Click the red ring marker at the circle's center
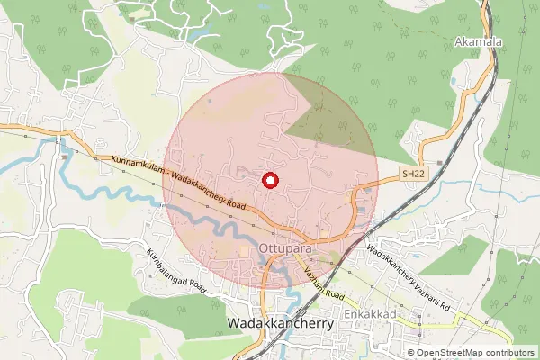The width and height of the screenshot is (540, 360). click(x=268, y=180)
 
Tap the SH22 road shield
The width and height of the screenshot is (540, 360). click(x=411, y=173)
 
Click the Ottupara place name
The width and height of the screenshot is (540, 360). click(x=283, y=245)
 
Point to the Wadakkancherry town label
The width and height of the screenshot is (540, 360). click(x=282, y=322)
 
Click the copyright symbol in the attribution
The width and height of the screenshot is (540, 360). click(x=411, y=353)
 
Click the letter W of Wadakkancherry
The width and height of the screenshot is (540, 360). click(x=235, y=322)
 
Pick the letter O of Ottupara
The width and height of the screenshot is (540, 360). click(x=263, y=245)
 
